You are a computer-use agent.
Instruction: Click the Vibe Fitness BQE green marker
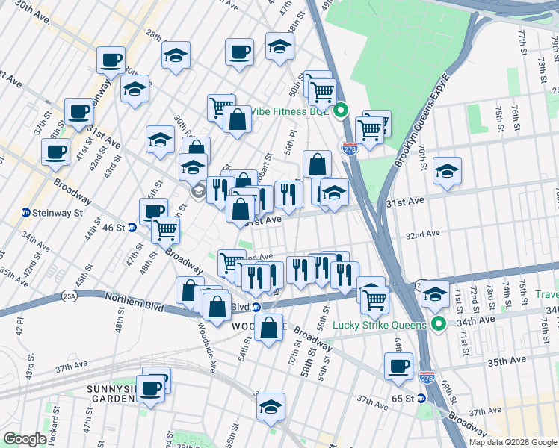[x=341, y=111]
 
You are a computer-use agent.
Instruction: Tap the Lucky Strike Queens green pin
[x=440, y=325]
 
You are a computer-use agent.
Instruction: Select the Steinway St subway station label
[x=52, y=213]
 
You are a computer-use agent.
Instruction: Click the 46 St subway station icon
[x=132, y=228]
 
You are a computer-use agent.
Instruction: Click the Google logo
[x=25, y=439]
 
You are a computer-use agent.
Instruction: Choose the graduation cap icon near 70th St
[x=447, y=172]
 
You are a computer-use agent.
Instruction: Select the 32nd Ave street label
[x=422, y=234]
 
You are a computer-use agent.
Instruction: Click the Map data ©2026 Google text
[x=513, y=441]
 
